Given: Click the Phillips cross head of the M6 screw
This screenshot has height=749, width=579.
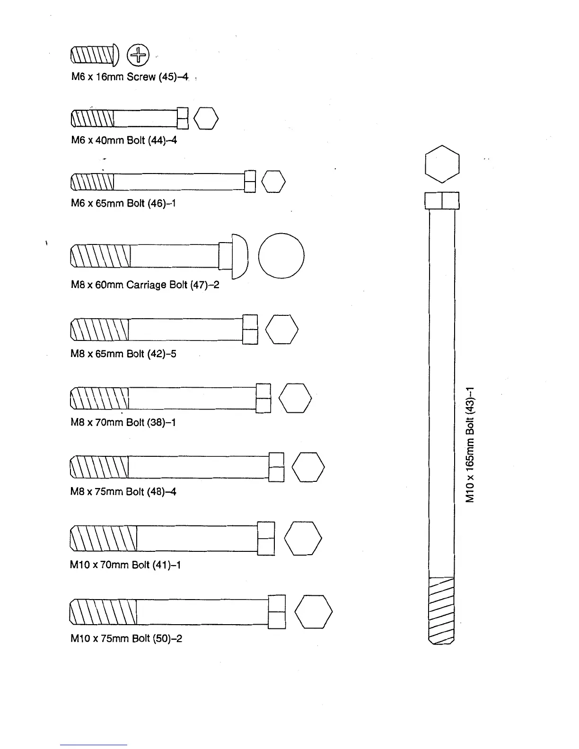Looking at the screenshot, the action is click(x=138, y=55).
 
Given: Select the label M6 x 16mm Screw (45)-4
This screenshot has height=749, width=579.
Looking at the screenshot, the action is click(x=129, y=77).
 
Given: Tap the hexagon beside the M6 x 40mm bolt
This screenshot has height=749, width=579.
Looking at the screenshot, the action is click(x=206, y=118).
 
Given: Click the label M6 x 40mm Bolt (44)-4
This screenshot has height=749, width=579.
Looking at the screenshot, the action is click(x=123, y=140).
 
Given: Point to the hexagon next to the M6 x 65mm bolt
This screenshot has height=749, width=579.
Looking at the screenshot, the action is click(x=273, y=182).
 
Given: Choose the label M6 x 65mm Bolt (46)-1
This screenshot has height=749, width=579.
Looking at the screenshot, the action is click(x=123, y=203).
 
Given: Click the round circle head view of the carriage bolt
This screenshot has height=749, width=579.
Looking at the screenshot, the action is click(x=281, y=255).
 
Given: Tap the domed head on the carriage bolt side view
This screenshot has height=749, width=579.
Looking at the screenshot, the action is click(x=240, y=256).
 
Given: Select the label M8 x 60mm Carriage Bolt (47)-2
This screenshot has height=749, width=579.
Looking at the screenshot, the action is click(x=145, y=285).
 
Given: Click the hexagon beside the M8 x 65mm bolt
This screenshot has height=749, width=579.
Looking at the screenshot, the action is click(x=282, y=329).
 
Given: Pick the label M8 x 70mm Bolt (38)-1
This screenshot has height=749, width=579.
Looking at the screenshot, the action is click(x=123, y=422).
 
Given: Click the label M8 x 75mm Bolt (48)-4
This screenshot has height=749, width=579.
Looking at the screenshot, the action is click(x=123, y=492).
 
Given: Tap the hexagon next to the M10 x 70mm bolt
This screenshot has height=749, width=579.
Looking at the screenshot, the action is click(x=303, y=538).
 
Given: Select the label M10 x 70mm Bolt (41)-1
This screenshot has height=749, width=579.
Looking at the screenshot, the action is click(x=125, y=565).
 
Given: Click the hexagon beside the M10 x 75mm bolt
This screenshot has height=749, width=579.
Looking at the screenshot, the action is click(x=314, y=611).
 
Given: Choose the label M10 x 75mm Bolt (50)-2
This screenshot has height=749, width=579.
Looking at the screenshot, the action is click(x=126, y=638).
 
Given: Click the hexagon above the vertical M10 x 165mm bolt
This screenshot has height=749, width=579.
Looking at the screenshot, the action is click(x=442, y=164).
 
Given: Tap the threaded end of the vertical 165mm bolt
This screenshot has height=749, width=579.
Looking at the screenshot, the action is click(x=441, y=610).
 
